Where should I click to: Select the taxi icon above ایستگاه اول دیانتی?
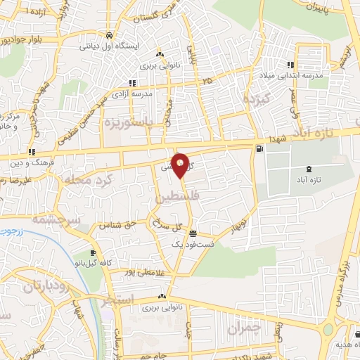coord(109,34)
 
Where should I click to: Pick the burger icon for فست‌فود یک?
coord(193,235)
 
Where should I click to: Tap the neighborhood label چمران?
coord(244,328)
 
